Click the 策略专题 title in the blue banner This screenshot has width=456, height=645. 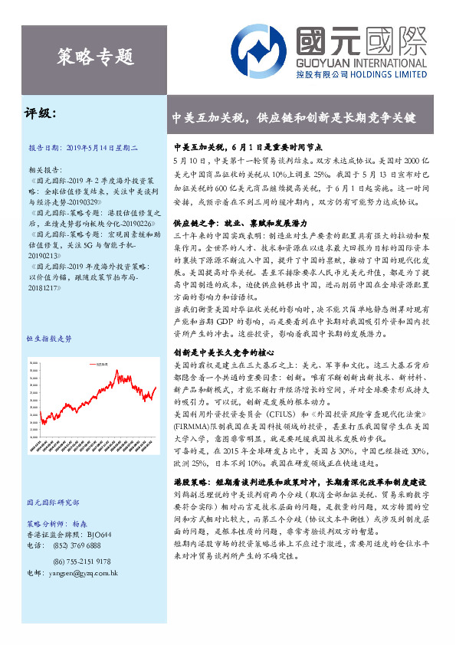click(x=96, y=55)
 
